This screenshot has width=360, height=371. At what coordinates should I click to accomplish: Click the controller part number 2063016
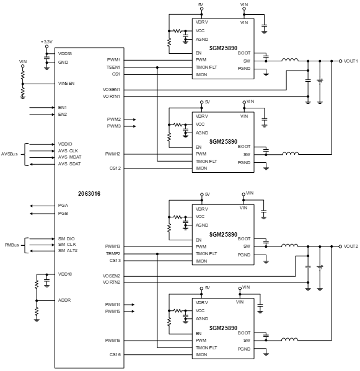click(89, 194)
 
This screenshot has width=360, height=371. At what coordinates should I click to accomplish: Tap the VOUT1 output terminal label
click(351, 61)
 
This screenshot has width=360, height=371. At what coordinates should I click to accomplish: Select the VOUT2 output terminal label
click(351, 247)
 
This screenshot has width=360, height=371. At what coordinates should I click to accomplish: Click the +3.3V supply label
click(46, 42)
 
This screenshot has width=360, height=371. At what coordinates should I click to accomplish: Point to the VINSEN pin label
click(66, 83)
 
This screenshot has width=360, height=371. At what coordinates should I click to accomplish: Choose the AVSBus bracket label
click(9, 154)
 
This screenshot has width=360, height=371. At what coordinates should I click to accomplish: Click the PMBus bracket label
click(12, 245)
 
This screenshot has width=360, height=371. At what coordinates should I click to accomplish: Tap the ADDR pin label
click(64, 300)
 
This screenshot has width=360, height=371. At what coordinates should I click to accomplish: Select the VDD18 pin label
click(65, 274)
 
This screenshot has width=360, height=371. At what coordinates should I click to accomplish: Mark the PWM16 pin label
click(113, 340)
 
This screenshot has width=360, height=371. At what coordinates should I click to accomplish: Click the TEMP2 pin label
click(113, 254)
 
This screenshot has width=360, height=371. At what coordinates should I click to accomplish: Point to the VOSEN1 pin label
click(112, 90)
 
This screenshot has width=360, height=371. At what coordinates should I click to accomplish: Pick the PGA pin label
click(63, 206)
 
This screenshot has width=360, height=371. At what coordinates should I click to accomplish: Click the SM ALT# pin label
click(68, 251)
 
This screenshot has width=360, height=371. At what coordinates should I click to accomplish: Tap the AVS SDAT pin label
click(69, 164)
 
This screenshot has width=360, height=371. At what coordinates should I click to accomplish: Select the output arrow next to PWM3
click(130, 126)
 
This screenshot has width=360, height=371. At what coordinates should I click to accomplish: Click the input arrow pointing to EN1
click(42, 108)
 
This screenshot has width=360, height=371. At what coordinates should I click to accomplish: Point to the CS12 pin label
click(115, 168)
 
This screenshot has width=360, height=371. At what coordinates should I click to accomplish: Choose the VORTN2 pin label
click(112, 282)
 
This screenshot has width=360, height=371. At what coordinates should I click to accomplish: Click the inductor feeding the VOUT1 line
click(290, 60)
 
